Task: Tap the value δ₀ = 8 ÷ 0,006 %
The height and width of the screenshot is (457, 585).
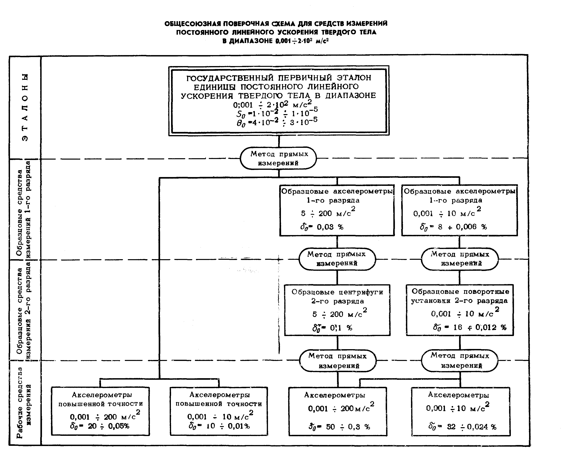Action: (x=453, y=227)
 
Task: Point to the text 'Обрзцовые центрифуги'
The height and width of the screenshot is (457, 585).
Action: (x=337, y=292)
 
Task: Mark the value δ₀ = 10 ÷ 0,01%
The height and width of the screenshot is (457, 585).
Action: (x=219, y=426)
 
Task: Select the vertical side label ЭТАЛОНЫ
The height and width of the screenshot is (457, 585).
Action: (x=25, y=107)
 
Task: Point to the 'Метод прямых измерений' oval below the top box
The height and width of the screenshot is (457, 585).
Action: (x=278, y=158)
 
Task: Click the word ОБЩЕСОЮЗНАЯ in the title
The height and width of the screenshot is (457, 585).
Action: (x=193, y=24)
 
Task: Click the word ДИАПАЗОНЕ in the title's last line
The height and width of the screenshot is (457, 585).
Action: (x=247, y=41)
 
